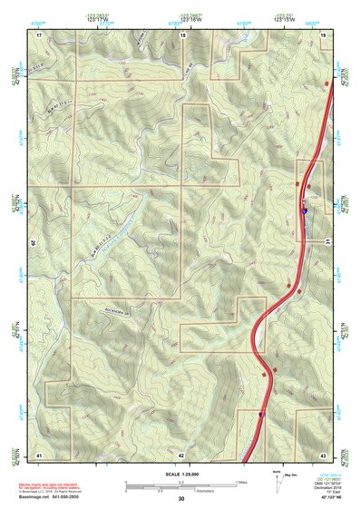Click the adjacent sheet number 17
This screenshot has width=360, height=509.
[40, 34]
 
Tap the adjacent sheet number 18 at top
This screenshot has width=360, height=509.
[183, 34]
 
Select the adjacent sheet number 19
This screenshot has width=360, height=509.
[323, 34]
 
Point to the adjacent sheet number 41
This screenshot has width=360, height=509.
[39, 454]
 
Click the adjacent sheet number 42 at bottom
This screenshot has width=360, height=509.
[181, 455]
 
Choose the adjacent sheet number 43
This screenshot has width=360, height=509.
[323, 454]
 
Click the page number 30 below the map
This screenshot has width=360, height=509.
[180, 499]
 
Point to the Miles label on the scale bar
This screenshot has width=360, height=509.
[240, 482]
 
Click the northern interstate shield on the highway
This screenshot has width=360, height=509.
[304, 209]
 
